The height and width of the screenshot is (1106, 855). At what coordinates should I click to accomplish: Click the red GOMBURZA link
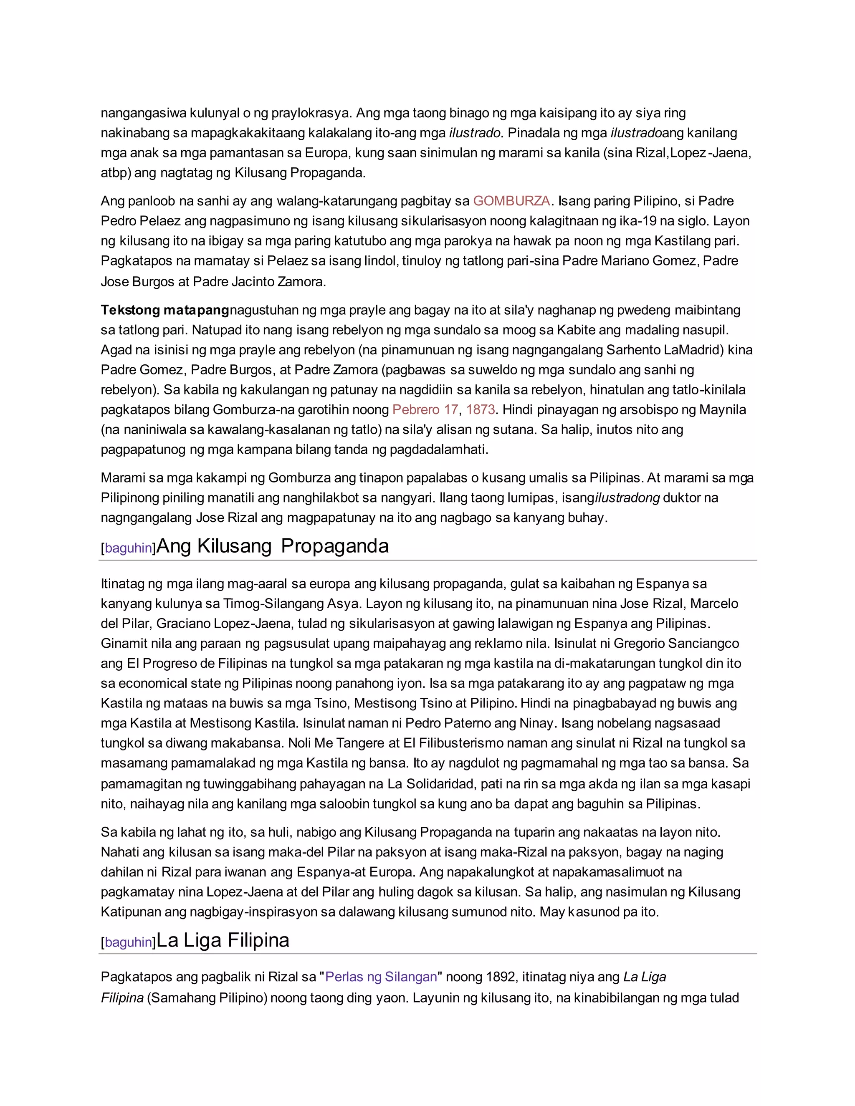[511, 201]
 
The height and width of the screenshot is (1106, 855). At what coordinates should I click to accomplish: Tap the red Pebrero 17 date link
[425, 410]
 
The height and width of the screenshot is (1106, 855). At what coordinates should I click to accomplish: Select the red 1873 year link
[480, 410]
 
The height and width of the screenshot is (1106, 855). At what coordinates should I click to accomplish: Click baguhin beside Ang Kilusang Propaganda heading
[129, 548]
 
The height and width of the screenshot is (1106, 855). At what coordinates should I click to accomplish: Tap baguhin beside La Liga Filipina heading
[129, 942]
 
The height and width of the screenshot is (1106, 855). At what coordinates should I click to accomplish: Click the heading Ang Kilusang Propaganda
[273, 546]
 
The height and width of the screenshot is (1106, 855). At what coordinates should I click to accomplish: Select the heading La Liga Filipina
[223, 940]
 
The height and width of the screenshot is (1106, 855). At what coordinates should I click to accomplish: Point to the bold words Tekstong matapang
[164, 310]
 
